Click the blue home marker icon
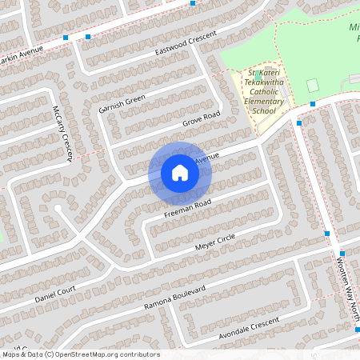click(179, 173)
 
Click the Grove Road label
click(202, 119)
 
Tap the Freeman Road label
click(187, 210)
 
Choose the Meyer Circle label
click(214, 245)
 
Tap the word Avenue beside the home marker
click(206, 158)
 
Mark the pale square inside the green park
click(312, 84)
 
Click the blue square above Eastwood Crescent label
click(193, 3)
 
